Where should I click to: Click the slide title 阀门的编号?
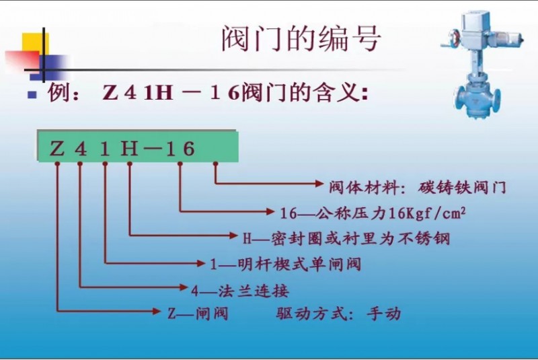[301, 38]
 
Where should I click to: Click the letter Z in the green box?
[57, 149]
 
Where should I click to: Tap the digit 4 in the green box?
[80, 149]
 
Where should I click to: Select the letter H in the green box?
[129, 149]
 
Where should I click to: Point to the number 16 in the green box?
[180, 149]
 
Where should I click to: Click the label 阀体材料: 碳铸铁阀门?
[418, 187]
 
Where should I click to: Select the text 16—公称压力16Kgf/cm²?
[373, 213]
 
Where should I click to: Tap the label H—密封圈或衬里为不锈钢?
[346, 238]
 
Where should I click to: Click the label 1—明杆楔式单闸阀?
[285, 264]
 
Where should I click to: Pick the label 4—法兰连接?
[240, 291]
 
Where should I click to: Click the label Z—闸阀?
[198, 314]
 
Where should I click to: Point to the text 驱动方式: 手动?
[338, 314]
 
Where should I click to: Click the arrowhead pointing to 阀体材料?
[319, 183]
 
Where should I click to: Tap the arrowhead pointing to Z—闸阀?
[156, 312]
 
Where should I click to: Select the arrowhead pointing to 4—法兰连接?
[184, 287]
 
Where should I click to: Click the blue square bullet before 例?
[32, 94]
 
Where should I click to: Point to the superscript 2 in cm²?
[463, 211]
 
